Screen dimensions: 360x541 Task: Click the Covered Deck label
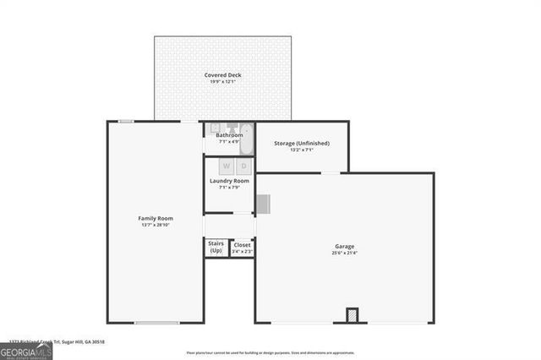222,75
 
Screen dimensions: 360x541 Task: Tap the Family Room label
155,218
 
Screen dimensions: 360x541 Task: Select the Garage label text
344,246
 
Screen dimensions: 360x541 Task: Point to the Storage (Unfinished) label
301,144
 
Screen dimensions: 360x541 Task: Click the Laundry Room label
229,181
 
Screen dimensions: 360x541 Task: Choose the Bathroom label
229,135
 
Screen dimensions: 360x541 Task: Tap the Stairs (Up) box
216,248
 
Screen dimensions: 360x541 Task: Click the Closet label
242,245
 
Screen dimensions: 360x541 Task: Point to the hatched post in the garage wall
352,315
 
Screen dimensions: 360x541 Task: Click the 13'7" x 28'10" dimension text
155,226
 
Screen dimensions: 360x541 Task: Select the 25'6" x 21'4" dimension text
344,254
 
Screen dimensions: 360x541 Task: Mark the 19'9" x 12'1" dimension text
222,83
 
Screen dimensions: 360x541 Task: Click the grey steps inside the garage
262,204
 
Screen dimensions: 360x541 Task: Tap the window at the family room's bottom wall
156,323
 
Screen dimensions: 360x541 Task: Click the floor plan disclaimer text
270,353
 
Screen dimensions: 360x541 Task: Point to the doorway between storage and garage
331,173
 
